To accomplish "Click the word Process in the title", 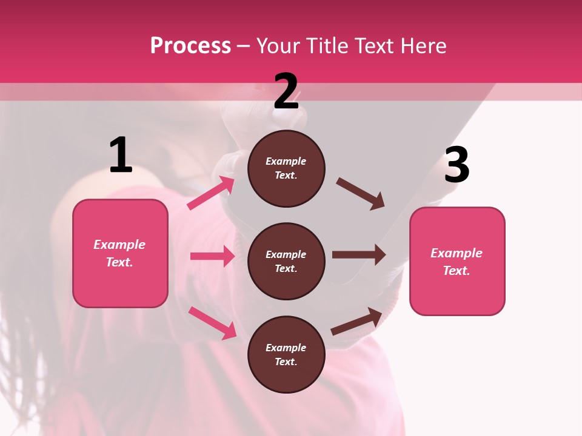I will [x=190, y=45].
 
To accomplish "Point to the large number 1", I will [x=121, y=155].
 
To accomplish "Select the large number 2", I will [x=286, y=91].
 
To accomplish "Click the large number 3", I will [x=457, y=165].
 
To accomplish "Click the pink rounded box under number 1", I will [x=120, y=253].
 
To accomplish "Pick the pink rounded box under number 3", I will [x=457, y=262].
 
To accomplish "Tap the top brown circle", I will [x=286, y=168].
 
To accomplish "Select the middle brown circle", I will [x=286, y=262].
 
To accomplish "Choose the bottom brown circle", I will [x=286, y=355].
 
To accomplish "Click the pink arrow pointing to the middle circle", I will [x=212, y=256].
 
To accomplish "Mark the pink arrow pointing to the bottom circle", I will [x=212, y=323].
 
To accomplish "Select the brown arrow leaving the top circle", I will [x=360, y=194].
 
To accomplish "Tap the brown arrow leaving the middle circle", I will [x=359, y=255].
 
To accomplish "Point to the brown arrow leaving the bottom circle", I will [x=356, y=322].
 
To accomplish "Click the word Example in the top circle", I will [x=286, y=161].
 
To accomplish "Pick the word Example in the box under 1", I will [x=119, y=245].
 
